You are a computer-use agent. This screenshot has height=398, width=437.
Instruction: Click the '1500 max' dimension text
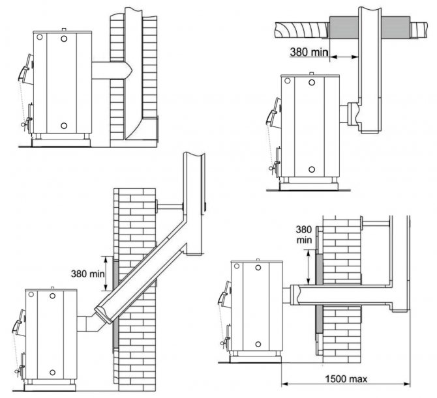[346, 379]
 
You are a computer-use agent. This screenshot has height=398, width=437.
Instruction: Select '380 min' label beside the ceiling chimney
[309, 52]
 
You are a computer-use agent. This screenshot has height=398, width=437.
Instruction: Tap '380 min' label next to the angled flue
[88, 274]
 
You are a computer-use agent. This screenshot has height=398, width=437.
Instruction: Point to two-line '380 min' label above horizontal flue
[304, 235]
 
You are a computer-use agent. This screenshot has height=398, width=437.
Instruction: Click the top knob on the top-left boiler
[64, 29]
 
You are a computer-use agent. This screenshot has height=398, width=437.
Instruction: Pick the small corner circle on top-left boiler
[40, 36]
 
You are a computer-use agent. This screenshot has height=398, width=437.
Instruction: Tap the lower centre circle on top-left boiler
[64, 126]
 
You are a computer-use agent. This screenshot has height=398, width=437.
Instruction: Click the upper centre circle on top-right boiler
[312, 82]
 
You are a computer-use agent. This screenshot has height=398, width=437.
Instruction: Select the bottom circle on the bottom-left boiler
[52, 373]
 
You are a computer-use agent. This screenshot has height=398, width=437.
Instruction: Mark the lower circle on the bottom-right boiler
[258, 345]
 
